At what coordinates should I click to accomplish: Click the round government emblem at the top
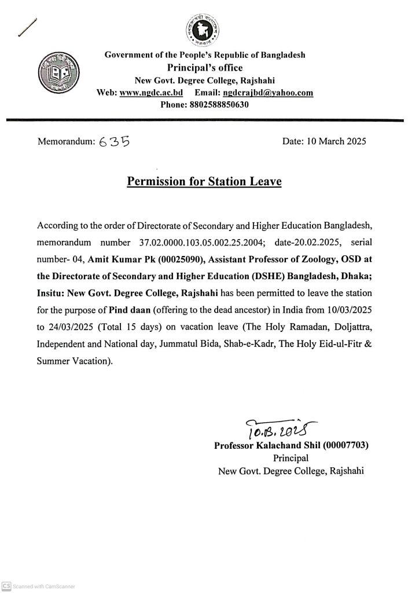pos(204,29)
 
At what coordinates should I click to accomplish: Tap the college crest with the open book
pos(57,73)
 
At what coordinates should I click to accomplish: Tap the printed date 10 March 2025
pos(324,141)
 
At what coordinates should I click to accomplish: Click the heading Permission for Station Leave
pos(204,182)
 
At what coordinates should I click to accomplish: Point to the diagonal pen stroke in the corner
pos(27,25)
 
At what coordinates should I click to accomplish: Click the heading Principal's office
pos(204,68)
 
